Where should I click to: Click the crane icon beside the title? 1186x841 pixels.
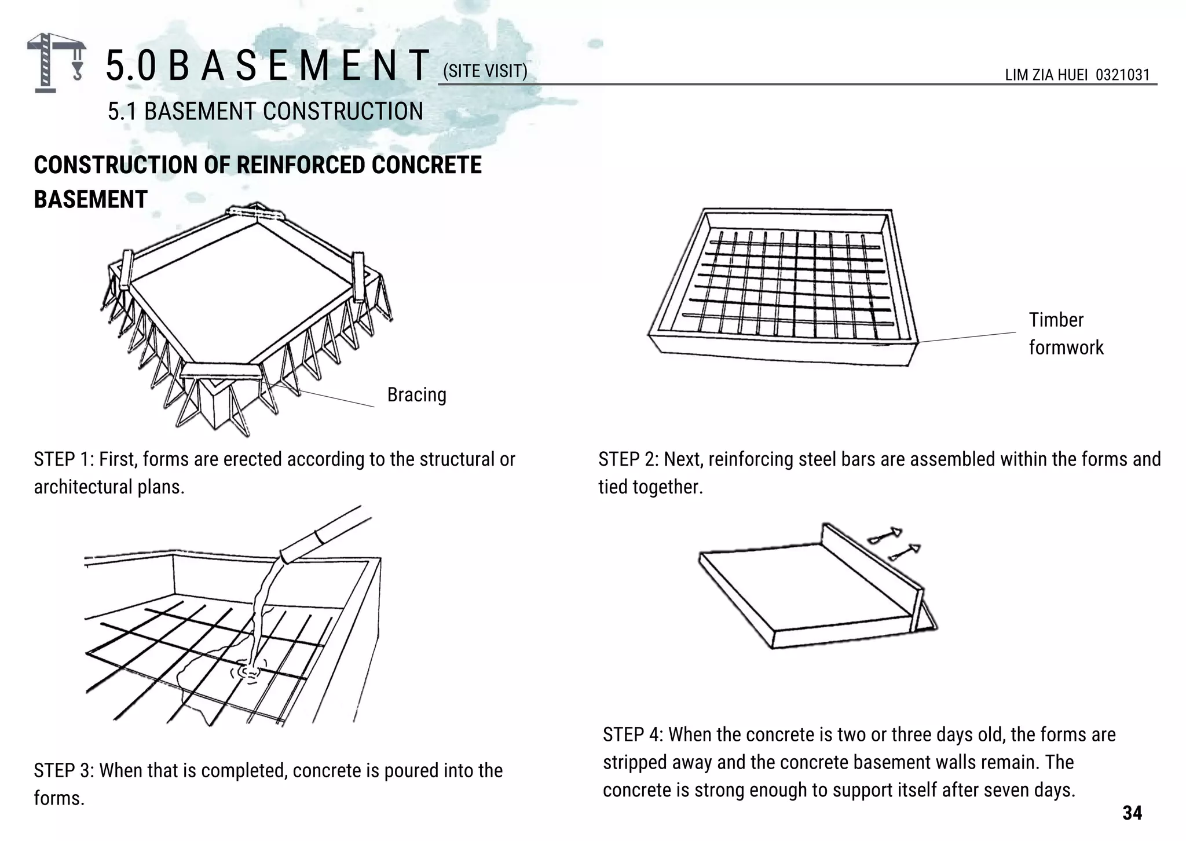tap(56, 62)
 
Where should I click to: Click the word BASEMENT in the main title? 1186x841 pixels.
tap(298, 65)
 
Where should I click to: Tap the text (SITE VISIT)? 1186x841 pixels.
tap(485, 71)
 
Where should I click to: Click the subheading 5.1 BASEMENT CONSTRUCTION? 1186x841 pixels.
tap(265, 111)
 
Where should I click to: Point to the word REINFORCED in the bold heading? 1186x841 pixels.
tap(301, 165)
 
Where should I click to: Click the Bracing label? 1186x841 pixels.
tap(416, 395)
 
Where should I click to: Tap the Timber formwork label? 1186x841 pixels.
tap(1066, 334)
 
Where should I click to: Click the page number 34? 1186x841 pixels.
tap(1132, 813)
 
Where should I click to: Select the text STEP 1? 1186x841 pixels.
tap(64, 459)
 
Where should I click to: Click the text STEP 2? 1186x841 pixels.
tap(628, 459)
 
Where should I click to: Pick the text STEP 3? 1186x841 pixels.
tap(64, 771)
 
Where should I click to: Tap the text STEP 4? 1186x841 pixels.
tap(632, 735)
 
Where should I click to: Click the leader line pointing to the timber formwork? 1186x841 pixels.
tap(967, 337)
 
